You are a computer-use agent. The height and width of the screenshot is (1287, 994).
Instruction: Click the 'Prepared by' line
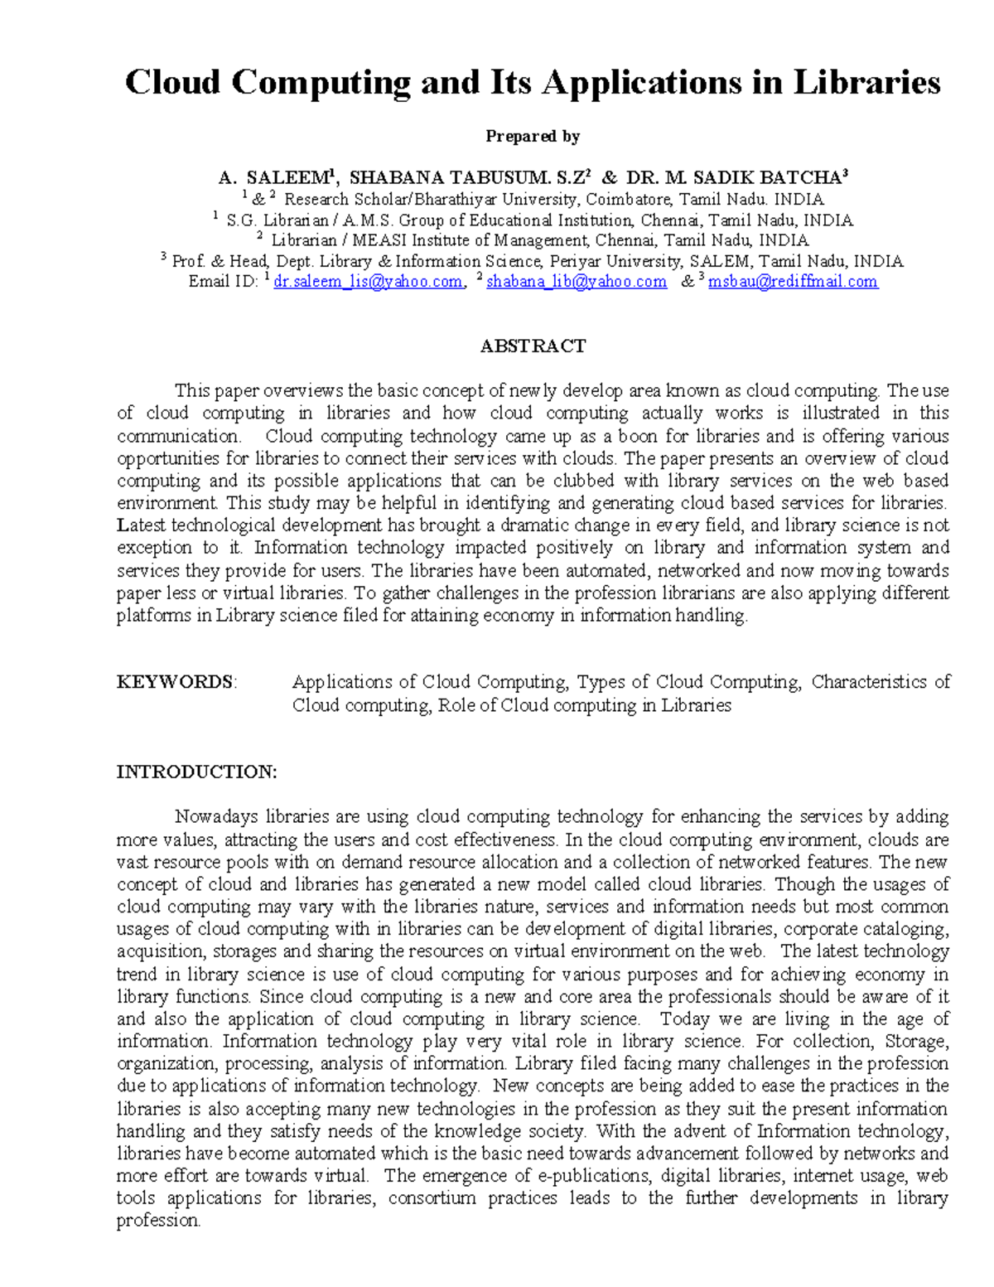click(532, 136)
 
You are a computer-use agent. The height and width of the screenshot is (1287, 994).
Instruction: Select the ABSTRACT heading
click(533, 346)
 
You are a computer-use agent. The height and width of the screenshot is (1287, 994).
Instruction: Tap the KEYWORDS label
click(176, 682)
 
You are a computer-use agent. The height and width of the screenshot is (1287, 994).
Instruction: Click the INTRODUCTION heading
click(196, 772)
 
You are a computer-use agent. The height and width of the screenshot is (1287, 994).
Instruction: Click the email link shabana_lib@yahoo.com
click(576, 282)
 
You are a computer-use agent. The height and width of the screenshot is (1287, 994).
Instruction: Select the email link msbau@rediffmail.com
click(793, 282)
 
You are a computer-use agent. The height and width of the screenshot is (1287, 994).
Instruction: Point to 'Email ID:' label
click(223, 282)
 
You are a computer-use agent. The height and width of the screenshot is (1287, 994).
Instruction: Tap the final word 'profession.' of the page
click(158, 1221)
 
